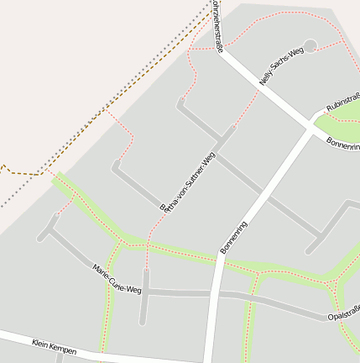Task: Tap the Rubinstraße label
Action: pos(342,101)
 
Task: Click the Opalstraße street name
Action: pos(343,313)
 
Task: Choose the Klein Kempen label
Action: pos(55,345)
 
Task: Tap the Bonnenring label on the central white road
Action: pos(234,237)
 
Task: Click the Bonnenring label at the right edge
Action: pos(343,145)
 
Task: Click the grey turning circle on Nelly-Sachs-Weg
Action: pos(310,45)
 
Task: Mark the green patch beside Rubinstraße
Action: pos(336,126)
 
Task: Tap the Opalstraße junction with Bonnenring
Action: pos(217,295)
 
